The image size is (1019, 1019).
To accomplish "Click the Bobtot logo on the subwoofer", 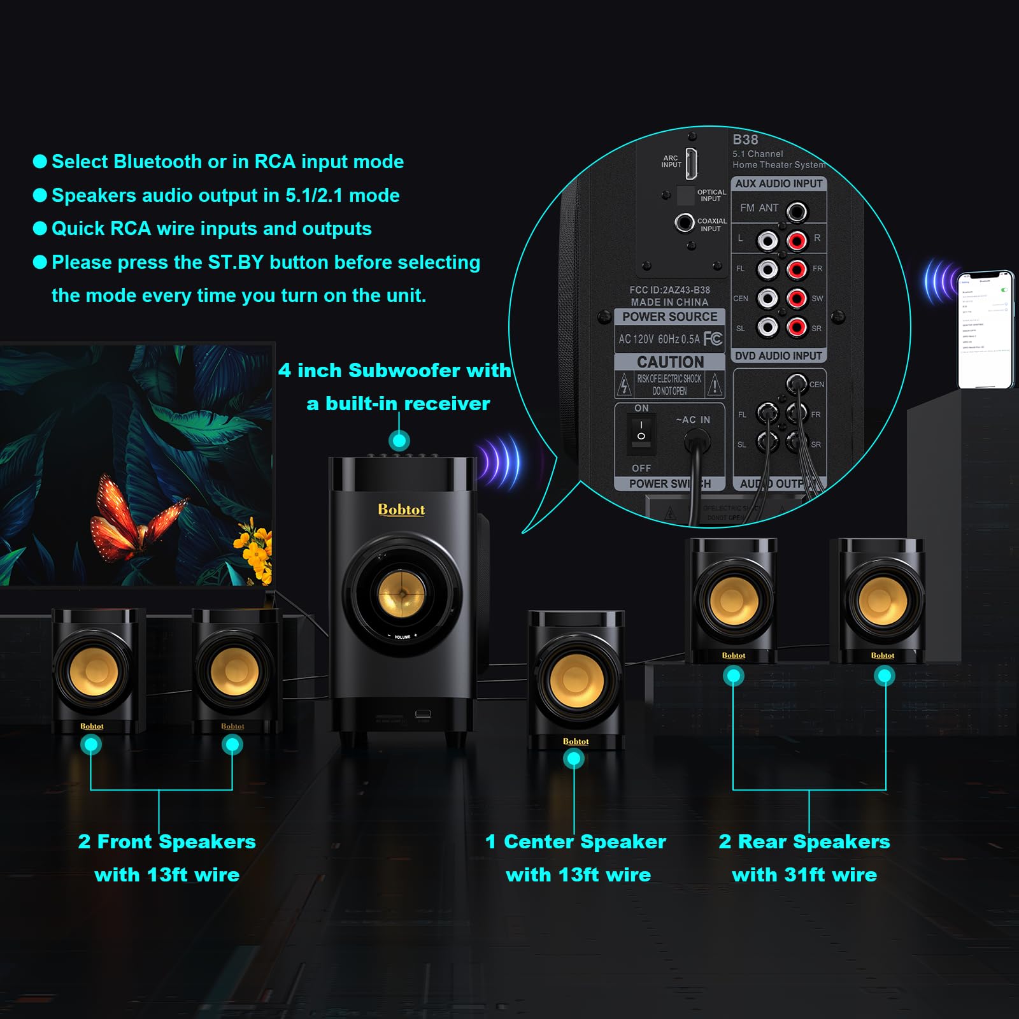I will coord(401,509).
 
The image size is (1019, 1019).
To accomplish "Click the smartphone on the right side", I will coord(985,329).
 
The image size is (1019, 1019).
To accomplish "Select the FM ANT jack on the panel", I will coord(797,211).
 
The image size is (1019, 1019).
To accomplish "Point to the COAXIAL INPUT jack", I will coord(685,223).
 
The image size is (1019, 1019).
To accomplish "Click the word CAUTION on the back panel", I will coord(670,362).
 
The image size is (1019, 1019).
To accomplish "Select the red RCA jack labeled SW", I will coord(797,298).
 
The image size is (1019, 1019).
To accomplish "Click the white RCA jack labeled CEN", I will coord(767,298).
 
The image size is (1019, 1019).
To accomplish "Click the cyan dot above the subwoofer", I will coord(399,441).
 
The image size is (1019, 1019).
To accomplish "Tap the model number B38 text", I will coord(745,139).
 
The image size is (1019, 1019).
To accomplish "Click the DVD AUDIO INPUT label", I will coord(778,356).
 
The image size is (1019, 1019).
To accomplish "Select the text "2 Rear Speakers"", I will coord(804,842).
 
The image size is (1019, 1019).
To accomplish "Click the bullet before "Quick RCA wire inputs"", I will coord(39,229).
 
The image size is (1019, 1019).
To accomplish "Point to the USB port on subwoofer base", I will coord(423,714).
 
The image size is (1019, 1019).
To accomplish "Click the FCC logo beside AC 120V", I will coord(713,338).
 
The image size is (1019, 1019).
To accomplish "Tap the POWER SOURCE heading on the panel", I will coord(669,317).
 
